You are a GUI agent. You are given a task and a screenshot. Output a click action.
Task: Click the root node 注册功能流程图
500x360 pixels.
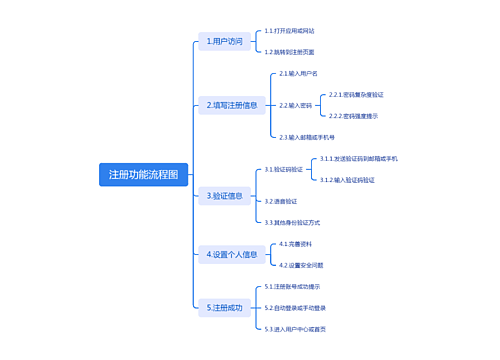click(144, 174)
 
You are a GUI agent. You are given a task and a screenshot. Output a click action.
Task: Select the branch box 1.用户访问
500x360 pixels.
click(224, 42)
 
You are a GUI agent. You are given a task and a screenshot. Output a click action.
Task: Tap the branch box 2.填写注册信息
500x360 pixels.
click(232, 104)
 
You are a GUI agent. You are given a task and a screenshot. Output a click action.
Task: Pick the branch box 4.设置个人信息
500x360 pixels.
click(232, 254)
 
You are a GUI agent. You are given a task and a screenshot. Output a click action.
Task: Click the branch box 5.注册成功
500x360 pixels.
click(225, 308)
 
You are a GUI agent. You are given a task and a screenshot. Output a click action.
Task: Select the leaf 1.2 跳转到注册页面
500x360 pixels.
click(289, 51)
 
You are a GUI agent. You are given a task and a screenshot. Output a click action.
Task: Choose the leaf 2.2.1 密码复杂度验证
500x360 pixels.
click(357, 94)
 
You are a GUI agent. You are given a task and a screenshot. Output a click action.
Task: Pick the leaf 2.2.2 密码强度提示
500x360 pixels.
click(353, 116)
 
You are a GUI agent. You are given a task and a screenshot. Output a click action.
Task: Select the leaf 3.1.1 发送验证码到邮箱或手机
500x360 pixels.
click(358, 158)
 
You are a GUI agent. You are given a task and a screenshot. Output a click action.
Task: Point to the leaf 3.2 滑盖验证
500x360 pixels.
click(279, 201)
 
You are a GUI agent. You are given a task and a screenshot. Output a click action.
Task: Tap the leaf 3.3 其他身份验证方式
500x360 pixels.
click(292, 222)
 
